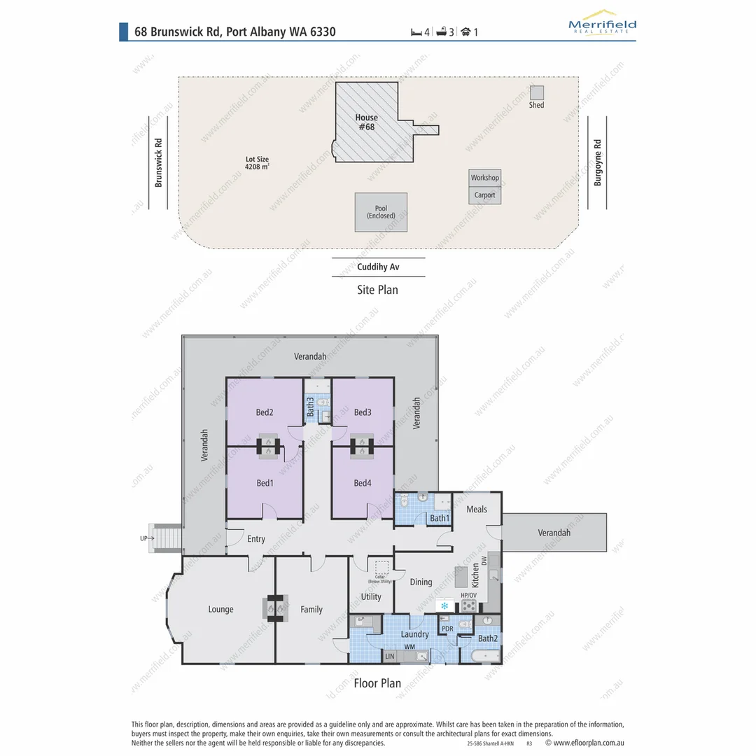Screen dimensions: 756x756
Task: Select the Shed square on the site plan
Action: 537,92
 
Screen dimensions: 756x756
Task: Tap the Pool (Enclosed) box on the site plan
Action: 381,212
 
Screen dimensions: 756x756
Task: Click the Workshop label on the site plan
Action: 484,178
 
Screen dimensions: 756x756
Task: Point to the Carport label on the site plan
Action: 484,195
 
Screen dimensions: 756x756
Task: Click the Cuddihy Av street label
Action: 378,267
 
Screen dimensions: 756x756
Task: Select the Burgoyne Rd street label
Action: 597,162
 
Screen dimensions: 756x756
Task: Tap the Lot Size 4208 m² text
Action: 257,163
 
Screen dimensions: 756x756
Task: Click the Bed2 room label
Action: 265,412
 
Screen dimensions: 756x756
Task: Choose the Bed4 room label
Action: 363,483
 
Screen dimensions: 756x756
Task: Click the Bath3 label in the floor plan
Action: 310,407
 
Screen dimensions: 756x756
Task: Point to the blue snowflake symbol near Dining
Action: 444,605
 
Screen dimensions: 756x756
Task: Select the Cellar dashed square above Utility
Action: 381,568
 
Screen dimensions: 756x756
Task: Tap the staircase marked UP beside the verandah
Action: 167,539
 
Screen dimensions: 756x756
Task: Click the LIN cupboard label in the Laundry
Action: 390,657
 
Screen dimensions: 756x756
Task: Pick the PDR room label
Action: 447,629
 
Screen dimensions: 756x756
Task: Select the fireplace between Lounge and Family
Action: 275,608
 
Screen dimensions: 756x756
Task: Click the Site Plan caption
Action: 377,289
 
